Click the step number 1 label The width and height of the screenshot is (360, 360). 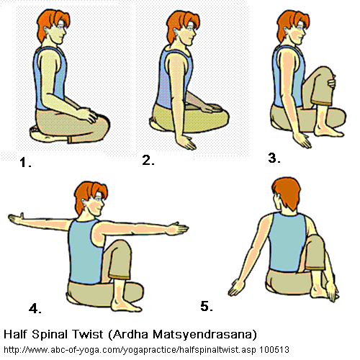click(25, 162)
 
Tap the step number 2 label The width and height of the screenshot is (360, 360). click(148, 160)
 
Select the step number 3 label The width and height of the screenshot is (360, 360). click(274, 158)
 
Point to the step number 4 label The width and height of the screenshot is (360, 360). click(35, 308)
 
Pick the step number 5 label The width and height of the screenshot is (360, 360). click(207, 306)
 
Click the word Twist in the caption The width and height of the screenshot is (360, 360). click(88, 334)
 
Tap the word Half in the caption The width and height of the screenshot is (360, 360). click(15, 334)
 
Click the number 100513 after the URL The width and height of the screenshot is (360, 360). click(274, 350)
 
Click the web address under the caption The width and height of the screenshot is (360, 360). click(130, 350)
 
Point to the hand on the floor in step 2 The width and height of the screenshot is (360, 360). click(186, 143)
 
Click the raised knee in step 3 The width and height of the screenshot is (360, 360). click(325, 73)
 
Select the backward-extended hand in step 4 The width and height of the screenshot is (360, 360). click(17, 219)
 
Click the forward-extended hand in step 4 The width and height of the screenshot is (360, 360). click(178, 228)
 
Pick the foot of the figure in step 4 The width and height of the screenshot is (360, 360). click(127, 305)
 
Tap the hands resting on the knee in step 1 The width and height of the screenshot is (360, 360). click(89, 116)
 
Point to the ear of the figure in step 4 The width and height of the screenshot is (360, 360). click(84, 202)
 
